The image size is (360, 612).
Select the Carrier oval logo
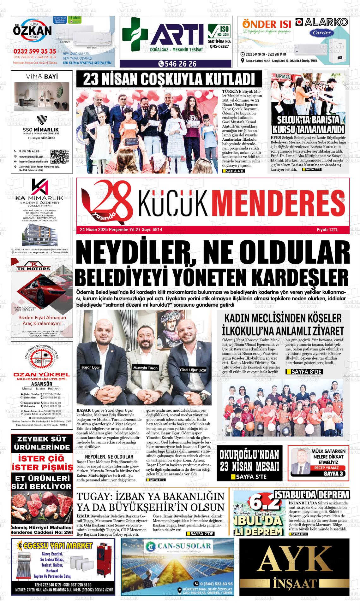coord(322,32)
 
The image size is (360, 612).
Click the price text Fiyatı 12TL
coord(327,230)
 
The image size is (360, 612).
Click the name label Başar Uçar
coord(90,368)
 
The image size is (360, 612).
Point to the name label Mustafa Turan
coord(145,368)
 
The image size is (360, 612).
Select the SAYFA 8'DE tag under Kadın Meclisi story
coord(303,372)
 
